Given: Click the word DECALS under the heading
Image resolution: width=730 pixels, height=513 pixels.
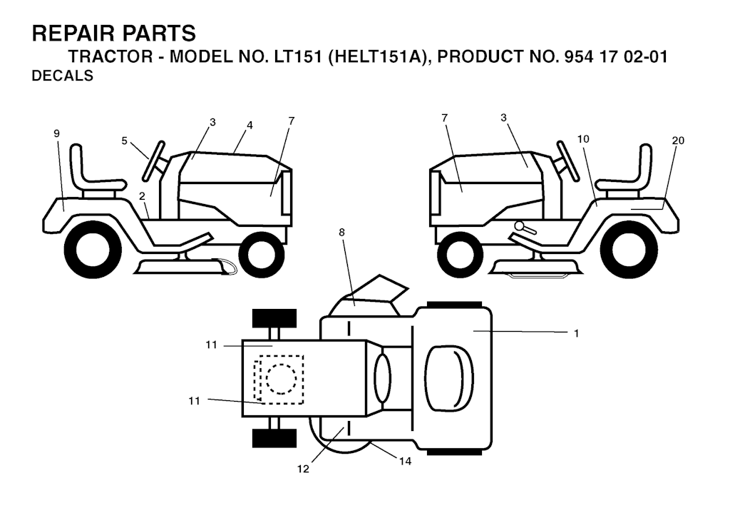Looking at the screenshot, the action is coord(63,76).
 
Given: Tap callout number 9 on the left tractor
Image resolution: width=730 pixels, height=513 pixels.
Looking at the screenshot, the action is coord(57,133).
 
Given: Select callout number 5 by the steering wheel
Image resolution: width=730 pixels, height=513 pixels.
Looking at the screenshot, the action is coord(124,141).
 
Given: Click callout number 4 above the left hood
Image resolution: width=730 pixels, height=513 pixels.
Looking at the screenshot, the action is coord(250,126).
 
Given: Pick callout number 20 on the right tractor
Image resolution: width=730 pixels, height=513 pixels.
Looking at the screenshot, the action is coord(679,141).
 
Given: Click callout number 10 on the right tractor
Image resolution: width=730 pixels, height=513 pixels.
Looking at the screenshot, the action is coord(583,139).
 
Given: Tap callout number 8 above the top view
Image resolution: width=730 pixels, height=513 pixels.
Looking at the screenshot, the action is coord(341,232).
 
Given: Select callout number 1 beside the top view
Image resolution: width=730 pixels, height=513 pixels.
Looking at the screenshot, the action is coord(576,333).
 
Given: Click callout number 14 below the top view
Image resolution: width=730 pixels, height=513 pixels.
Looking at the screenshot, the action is coord(405,462).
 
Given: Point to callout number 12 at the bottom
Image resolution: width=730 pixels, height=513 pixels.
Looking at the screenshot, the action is coord(303,469).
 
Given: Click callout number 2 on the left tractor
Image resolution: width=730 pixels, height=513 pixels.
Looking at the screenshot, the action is coord(143,196).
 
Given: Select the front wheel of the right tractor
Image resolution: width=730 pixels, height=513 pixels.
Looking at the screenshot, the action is coord(460,255).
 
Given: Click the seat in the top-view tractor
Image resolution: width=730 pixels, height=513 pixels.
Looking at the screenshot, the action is coord(449,378).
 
